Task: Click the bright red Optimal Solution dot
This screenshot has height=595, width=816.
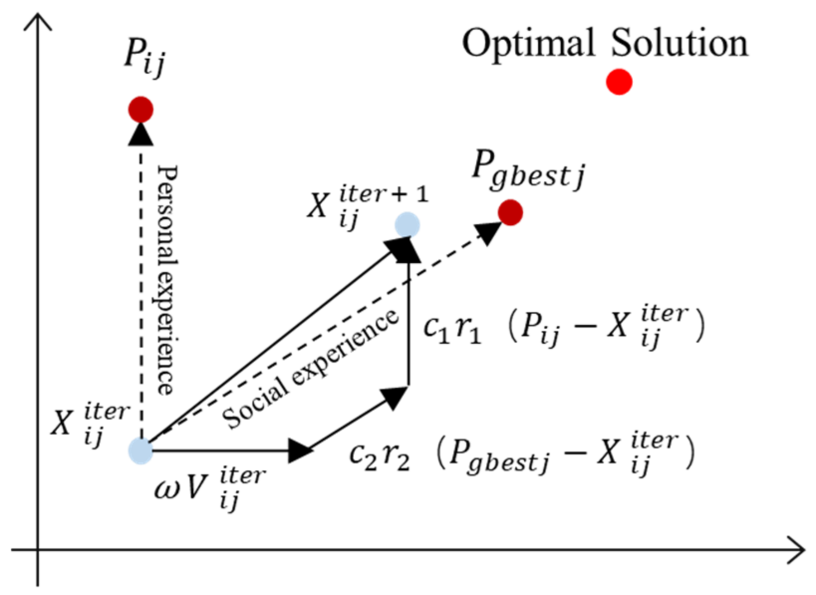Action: [619, 82]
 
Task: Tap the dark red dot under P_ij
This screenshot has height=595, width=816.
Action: [140, 109]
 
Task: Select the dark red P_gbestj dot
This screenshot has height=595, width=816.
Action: [510, 213]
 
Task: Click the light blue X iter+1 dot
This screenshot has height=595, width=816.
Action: [408, 225]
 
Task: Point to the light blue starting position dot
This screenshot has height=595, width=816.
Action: [140, 450]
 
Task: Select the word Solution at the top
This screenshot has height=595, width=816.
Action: [680, 43]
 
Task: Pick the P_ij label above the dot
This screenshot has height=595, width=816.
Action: [144, 56]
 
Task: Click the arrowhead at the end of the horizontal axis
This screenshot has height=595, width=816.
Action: [797, 550]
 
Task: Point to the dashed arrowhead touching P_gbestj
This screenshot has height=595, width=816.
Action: [488, 232]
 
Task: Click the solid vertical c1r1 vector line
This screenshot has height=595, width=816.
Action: [408, 324]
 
